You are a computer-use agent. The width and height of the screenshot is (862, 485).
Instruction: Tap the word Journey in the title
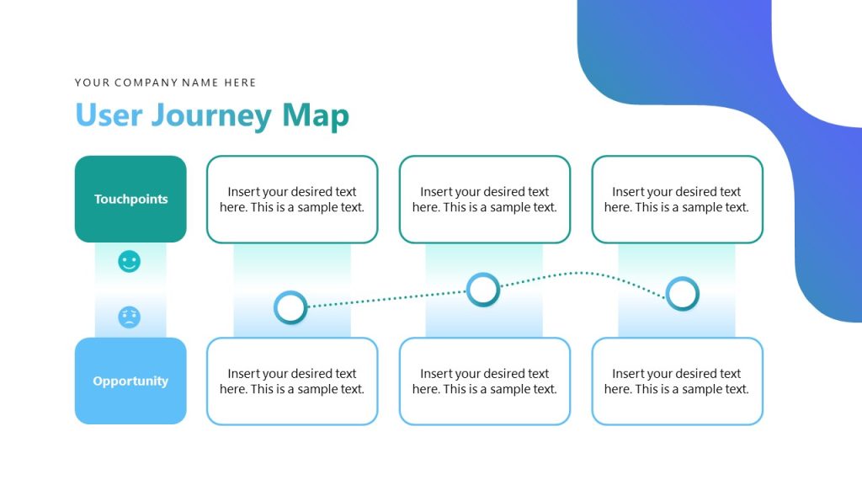click(211, 115)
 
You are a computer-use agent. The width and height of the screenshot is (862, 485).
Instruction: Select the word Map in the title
click(316, 115)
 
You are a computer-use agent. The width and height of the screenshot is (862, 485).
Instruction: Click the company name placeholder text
click(165, 83)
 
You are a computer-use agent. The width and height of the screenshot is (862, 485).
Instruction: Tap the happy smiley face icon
click(129, 261)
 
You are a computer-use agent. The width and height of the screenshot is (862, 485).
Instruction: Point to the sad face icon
click(129, 317)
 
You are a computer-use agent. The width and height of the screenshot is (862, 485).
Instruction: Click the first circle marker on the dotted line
click(291, 307)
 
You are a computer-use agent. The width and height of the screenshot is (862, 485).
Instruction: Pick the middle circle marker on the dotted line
click(483, 290)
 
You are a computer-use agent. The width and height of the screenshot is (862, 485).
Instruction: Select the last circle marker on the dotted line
click(682, 294)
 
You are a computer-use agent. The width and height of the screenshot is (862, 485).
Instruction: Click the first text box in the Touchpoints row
click(292, 200)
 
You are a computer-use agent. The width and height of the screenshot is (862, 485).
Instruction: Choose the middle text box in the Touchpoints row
click(485, 200)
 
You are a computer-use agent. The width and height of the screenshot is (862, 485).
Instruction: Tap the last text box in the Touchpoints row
click(677, 200)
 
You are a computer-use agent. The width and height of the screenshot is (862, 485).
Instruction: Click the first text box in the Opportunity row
click(292, 381)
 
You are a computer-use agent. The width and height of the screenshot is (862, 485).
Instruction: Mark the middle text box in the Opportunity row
click(485, 381)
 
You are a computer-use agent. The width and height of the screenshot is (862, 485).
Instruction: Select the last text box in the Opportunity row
click(677, 381)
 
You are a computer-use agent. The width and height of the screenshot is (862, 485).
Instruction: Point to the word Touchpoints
click(130, 200)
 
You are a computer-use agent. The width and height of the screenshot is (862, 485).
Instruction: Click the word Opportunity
click(130, 381)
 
